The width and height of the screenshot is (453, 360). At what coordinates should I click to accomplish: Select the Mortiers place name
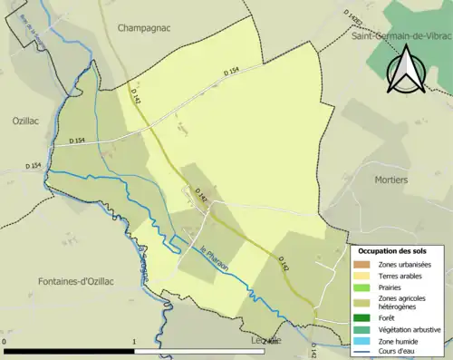[391, 180]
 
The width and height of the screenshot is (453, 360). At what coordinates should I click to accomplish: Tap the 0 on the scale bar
[5, 342]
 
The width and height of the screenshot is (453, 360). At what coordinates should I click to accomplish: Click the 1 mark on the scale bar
[134, 342]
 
